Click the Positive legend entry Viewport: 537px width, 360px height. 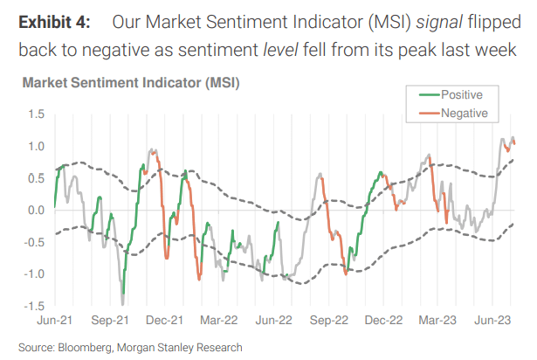pos(460,94)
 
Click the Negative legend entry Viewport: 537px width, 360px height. pos(463,113)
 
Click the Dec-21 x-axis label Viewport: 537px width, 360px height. pos(164,320)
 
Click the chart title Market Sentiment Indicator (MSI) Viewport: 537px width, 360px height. pos(130,84)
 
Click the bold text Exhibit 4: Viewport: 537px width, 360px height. pos(60,20)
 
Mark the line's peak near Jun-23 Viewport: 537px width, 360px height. pos(512,137)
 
